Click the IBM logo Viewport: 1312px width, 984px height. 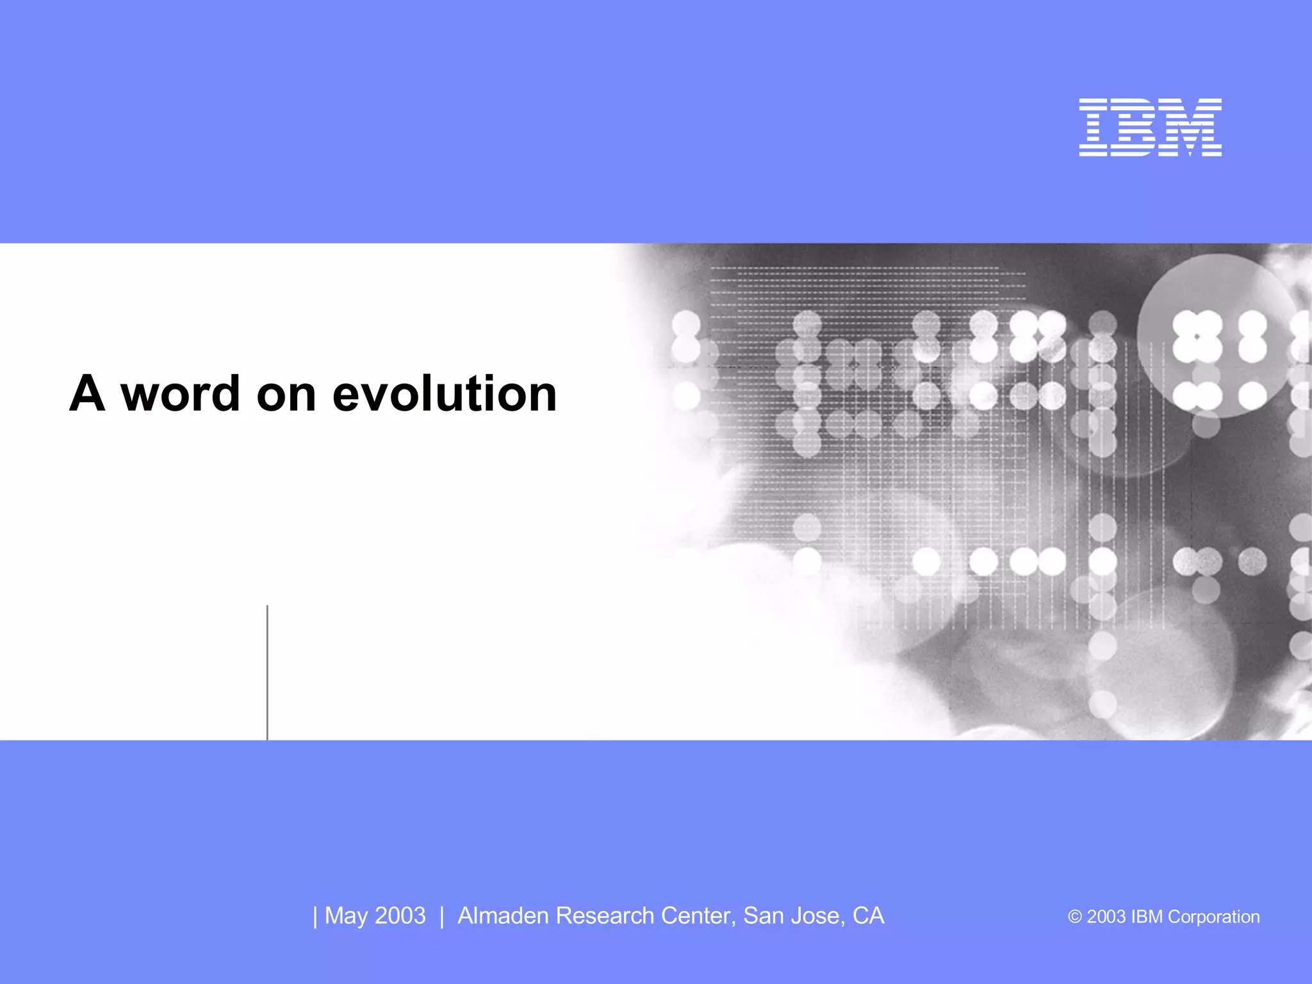click(x=1150, y=127)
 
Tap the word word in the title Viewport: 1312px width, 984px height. click(x=181, y=393)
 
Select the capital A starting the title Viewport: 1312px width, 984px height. click(x=87, y=393)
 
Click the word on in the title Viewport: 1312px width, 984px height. click(x=286, y=395)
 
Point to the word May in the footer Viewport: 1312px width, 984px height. click(x=346, y=916)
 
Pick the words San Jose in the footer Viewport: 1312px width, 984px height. click(x=793, y=916)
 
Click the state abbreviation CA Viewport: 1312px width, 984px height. click(x=868, y=916)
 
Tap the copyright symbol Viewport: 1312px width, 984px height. click(x=1074, y=917)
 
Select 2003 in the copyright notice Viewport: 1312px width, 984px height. click(x=1106, y=917)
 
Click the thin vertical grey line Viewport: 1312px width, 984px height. click(x=267, y=673)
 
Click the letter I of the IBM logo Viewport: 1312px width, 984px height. click(x=1094, y=127)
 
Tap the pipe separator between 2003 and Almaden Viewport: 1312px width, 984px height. click(x=442, y=916)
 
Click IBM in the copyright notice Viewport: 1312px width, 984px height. click(x=1147, y=917)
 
